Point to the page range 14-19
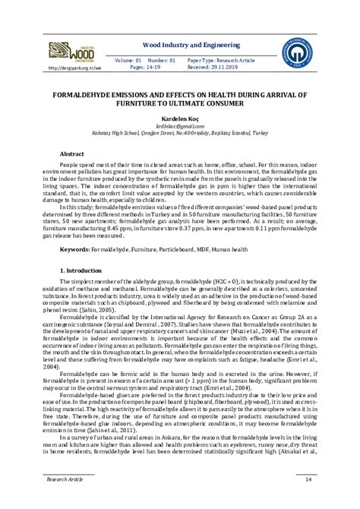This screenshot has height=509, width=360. point(155,66)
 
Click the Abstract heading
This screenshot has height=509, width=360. point(72,153)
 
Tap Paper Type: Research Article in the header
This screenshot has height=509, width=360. point(220,58)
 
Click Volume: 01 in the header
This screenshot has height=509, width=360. point(128,58)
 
